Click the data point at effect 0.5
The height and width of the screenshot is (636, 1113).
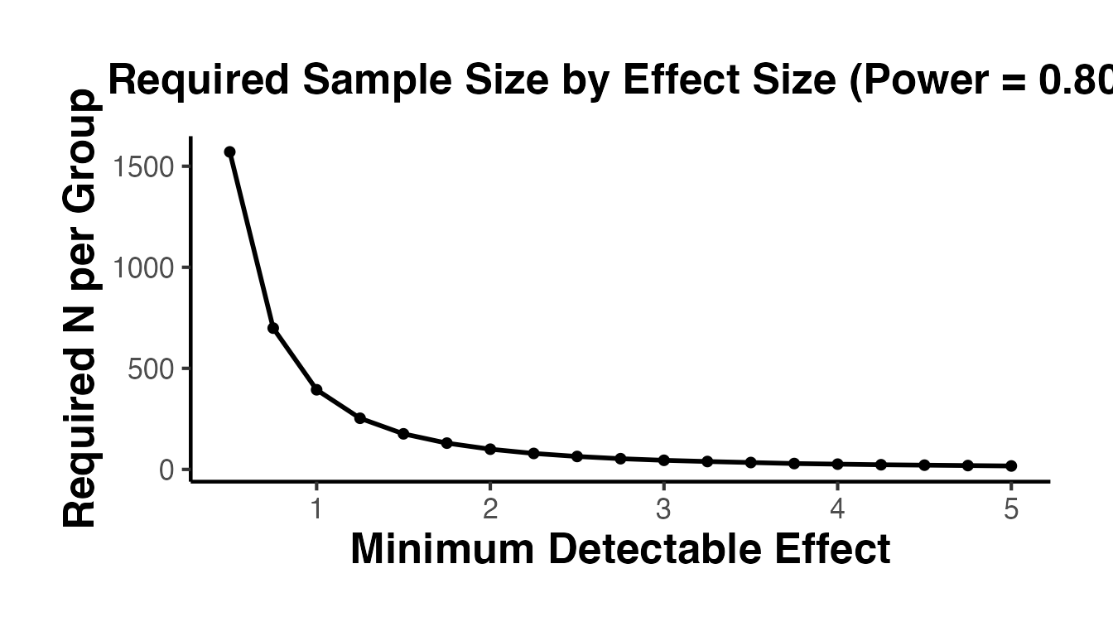pyautogui.click(x=229, y=152)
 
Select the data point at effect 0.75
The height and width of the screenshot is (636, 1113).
pyautogui.click(x=272, y=329)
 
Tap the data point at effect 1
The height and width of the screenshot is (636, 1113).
pyautogui.click(x=316, y=390)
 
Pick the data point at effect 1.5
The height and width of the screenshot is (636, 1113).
pyautogui.click(x=403, y=433)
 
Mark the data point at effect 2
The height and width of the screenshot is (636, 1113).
pyautogui.click(x=490, y=449)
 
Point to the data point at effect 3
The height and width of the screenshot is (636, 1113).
pyautogui.click(x=663, y=460)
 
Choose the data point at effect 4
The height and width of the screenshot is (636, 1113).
pyautogui.click(x=837, y=464)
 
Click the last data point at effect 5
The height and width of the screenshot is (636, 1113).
pyautogui.click(x=1011, y=466)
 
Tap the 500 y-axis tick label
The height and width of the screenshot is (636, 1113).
pyautogui.click(x=153, y=369)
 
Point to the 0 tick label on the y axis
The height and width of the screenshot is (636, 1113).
pyautogui.click(x=167, y=470)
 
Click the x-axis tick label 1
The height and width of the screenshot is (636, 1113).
pyautogui.click(x=316, y=508)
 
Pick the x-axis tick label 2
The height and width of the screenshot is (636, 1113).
pyautogui.click(x=490, y=508)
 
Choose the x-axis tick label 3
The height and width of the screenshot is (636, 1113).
pyautogui.click(x=663, y=508)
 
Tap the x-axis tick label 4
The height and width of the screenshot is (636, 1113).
pyautogui.click(x=837, y=508)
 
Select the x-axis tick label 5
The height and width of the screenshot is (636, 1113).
pyautogui.click(x=1011, y=508)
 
